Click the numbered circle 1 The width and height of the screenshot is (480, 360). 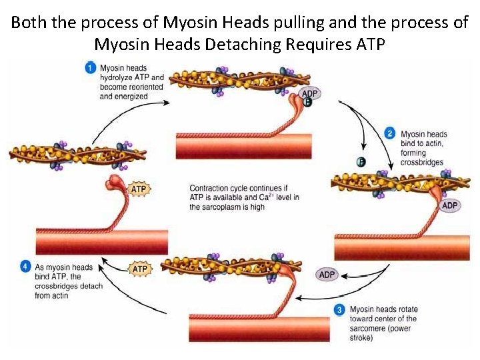(91, 67)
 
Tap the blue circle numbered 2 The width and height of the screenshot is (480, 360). (391, 134)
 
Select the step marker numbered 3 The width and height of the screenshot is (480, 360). (340, 309)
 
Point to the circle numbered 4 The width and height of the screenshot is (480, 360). (25, 267)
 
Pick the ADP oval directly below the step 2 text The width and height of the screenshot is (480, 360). (450, 205)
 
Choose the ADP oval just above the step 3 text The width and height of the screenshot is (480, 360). (327, 275)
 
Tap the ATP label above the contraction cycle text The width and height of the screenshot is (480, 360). (139, 189)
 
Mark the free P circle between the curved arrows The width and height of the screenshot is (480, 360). (361, 161)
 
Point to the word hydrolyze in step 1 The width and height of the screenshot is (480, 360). (118, 77)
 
